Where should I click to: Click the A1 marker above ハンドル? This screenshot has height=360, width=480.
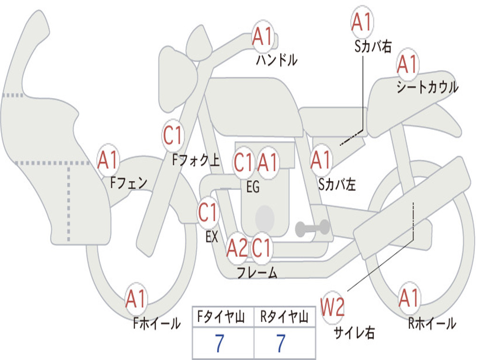[x=262, y=37]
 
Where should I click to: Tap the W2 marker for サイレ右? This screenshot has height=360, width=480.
[x=333, y=307]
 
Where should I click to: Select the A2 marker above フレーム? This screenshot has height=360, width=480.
[x=237, y=248]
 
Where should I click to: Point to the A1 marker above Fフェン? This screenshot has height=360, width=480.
[x=109, y=161]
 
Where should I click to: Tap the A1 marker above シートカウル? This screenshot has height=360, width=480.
[x=407, y=65]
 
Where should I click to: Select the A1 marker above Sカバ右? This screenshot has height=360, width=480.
[x=361, y=22]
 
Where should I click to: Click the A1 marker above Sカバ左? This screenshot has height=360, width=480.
[x=322, y=161]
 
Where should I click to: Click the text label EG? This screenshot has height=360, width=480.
[x=253, y=187]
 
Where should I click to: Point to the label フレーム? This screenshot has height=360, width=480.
[x=257, y=272]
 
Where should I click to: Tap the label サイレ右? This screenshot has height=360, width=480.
[x=354, y=332]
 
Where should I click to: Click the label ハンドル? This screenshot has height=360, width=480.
[x=277, y=60]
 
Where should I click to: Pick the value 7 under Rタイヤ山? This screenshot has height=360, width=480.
[x=281, y=344]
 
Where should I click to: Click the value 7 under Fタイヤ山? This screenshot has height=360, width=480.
[x=219, y=344]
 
